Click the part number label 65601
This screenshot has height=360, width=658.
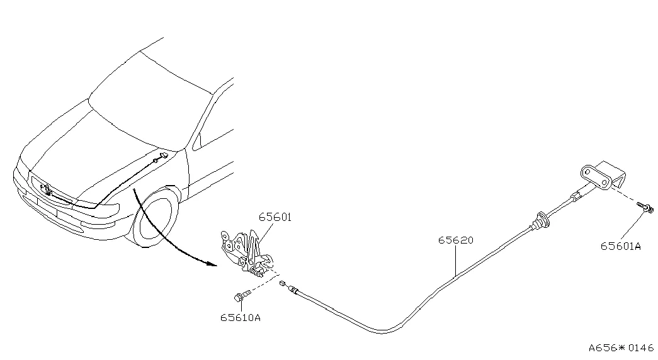click(275, 217)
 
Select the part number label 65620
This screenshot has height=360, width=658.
click(455, 240)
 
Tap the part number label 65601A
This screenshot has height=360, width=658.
click(621, 246)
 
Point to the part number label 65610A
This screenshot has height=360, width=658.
click(241, 318)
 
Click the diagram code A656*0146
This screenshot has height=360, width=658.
click(621, 347)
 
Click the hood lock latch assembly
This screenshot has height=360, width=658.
click(246, 252)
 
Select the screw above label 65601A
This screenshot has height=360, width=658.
click(645, 206)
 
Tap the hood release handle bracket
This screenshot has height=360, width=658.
click(603, 176)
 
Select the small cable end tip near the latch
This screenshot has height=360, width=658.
click(283, 283)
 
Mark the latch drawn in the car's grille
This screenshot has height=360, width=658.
click(45, 189)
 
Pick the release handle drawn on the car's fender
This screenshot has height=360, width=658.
click(162, 156)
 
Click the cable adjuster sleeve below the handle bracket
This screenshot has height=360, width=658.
click(576, 194)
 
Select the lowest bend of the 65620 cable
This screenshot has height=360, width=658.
click(381, 333)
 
